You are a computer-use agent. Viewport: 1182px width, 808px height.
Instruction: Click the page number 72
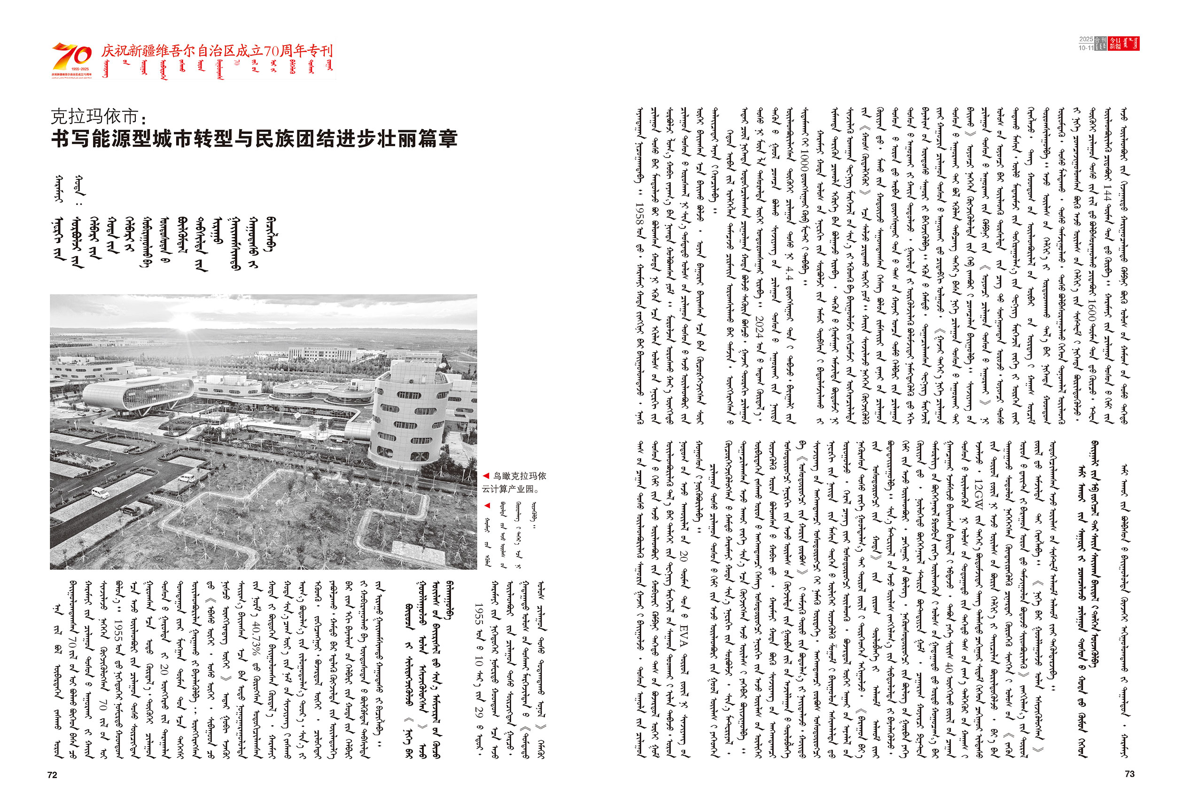click(53, 775)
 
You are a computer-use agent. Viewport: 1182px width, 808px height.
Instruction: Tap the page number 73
click(1129, 774)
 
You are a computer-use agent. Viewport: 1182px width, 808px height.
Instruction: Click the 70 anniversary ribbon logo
click(72, 57)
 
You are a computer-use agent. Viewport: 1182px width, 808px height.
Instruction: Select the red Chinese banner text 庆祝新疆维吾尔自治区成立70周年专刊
click(217, 51)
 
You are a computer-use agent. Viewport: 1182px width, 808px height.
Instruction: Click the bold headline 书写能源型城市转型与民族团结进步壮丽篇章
click(254, 138)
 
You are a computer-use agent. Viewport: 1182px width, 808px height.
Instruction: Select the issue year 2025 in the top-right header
click(1086, 39)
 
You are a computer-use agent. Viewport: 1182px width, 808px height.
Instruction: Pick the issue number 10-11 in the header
click(1086, 48)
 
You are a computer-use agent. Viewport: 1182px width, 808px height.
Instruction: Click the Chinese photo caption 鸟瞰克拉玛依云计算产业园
click(515, 482)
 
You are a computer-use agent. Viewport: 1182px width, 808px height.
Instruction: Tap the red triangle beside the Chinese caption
click(486, 476)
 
